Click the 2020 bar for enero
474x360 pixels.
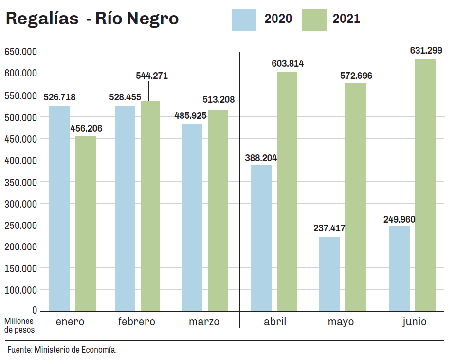coord(59,208)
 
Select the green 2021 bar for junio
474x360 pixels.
coord(425,185)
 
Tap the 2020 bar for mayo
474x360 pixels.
coord(329,273)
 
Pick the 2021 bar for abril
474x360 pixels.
coord(287,191)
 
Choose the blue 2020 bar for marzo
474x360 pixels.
coord(192,217)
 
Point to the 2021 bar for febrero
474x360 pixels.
coord(150,206)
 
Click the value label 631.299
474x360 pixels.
coord(426,50)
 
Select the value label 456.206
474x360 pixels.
coord(86,128)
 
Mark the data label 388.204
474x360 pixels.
coord(261,158)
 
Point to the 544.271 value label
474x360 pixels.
coord(151,76)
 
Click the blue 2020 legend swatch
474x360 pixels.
coord(244,19)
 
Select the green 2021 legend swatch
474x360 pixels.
coord(314,19)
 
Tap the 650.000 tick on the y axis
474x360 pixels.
coord(20,52)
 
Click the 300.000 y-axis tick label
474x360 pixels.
coord(20,204)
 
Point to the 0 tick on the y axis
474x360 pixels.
coord(35,310)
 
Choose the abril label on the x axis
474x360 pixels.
coord(275,322)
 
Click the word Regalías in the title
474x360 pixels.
coord(42,19)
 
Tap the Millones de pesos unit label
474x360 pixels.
coord(19,325)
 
